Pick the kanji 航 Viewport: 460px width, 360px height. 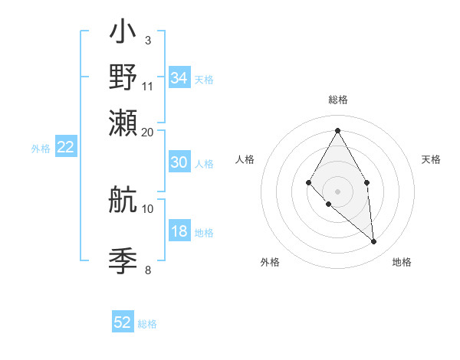[x=123, y=201]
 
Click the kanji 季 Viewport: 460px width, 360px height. [x=123, y=261]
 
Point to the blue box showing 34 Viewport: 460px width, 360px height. [x=179, y=78]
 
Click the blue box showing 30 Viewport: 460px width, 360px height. [x=179, y=162]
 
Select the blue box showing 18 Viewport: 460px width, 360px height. [x=179, y=232]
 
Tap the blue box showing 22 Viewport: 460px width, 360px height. [x=65, y=148]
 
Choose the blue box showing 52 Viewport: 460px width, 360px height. [x=123, y=322]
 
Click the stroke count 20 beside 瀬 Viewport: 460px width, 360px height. [x=148, y=132]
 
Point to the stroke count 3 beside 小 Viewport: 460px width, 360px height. [x=148, y=40]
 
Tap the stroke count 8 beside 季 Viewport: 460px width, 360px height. [x=148, y=270]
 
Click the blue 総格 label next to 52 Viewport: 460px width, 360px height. [x=147, y=324]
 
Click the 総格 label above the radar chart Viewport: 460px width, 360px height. [x=337, y=100]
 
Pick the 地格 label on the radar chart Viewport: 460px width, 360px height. [x=402, y=262]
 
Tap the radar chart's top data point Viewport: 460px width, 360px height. [x=337, y=130]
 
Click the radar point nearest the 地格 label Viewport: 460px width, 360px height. [x=373, y=241]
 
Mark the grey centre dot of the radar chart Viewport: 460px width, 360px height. [x=337, y=191]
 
